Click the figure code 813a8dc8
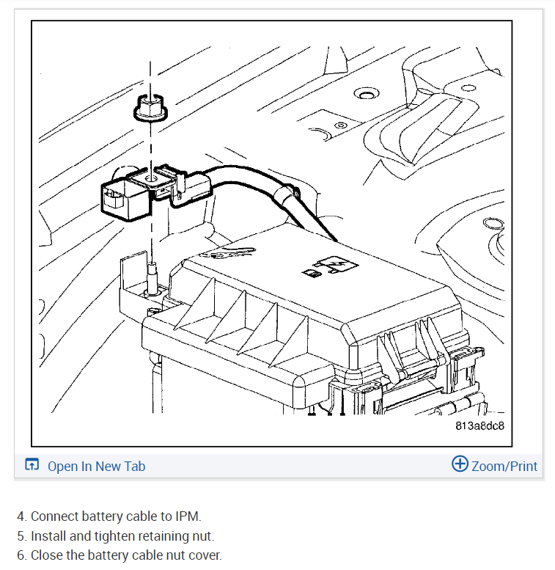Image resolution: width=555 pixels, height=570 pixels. [x=479, y=425]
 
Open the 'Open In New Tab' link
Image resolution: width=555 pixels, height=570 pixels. [x=96, y=466]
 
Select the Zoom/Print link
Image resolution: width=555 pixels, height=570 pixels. [x=504, y=466]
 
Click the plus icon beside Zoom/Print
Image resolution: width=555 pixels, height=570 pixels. [x=460, y=464]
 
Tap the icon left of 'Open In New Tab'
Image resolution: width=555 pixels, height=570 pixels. [x=32, y=465]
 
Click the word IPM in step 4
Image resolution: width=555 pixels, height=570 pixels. [x=188, y=516]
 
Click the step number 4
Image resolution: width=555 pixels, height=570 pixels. [x=21, y=516]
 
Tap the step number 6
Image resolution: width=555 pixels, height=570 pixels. [x=21, y=555]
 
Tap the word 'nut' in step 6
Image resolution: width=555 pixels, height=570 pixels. [x=171, y=555]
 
